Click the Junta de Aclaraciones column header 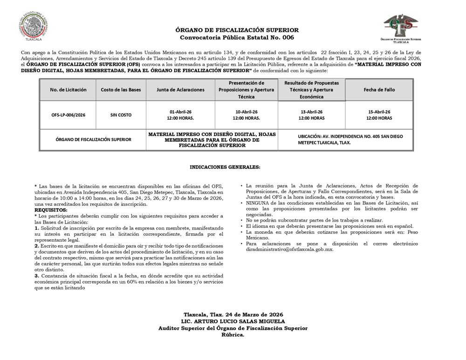180,90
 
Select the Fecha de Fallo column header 379,90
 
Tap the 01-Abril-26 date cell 180,115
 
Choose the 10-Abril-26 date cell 246,115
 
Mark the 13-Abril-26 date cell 311,115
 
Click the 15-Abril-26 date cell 379,115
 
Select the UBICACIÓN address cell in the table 350,139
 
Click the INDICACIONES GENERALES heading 225,166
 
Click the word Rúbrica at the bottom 233,334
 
